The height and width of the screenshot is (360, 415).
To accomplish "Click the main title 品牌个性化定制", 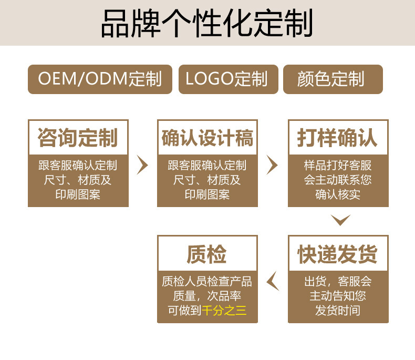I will tap(207, 23).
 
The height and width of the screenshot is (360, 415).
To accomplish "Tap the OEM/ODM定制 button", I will tap(100, 79).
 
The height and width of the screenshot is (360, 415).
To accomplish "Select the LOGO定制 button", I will tap(227, 79).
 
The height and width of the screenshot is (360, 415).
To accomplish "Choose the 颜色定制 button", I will tap(333, 79).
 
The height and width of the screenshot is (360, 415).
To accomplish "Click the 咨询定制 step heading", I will tap(78, 138).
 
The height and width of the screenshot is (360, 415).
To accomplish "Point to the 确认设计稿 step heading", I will tap(207, 138).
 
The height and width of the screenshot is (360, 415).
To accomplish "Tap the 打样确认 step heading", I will tap(338, 138).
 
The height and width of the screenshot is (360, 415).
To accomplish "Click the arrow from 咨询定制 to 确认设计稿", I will tap(142, 165).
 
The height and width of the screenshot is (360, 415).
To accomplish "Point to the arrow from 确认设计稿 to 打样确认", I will tap(272, 165).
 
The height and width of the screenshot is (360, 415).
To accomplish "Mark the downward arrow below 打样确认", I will tap(340, 220).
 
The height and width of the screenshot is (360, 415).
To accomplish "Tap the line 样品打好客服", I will tap(338, 166).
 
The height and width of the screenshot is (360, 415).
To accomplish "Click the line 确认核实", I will tap(338, 194).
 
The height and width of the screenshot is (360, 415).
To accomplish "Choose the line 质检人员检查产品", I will tap(207, 281).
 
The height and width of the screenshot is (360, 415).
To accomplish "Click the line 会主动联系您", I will tap(338, 180).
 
